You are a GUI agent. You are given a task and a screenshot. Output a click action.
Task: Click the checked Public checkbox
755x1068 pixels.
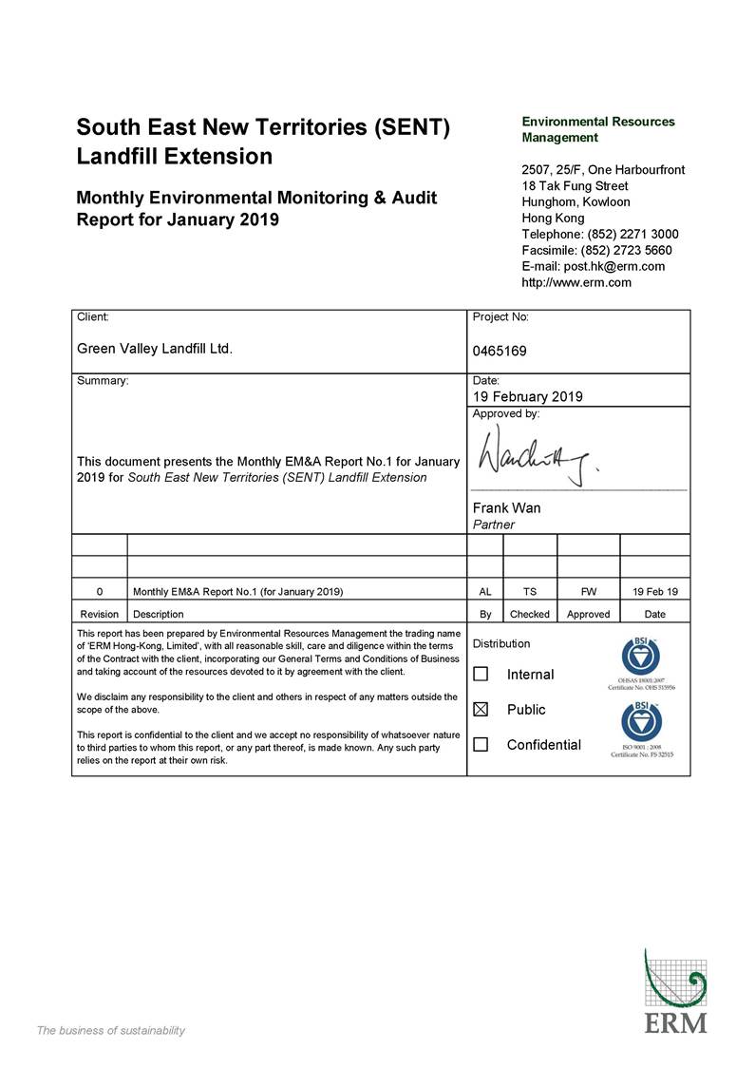481,710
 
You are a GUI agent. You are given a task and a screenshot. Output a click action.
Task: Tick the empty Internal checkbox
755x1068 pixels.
481,675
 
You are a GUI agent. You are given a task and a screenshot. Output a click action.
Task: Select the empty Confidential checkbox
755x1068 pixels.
481,745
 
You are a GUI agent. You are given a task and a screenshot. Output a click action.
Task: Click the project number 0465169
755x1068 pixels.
500,351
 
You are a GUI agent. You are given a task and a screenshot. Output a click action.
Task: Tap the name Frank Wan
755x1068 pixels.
506,508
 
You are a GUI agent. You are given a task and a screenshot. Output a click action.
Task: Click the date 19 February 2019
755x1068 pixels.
527,396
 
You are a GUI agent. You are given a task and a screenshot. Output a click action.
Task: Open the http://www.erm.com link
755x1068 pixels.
576,282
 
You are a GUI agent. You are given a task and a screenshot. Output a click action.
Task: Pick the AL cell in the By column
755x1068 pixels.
485,591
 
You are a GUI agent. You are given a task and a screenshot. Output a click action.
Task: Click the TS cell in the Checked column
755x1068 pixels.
530,591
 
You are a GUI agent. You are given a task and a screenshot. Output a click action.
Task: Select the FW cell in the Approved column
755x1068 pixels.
589,591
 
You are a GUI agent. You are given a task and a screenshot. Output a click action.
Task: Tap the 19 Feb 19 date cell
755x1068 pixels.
654,591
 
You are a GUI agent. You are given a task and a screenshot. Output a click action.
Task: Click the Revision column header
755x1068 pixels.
100,614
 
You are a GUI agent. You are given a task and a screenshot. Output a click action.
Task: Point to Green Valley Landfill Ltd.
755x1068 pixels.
155,349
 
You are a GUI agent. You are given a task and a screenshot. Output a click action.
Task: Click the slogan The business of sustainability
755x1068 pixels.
110,1031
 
